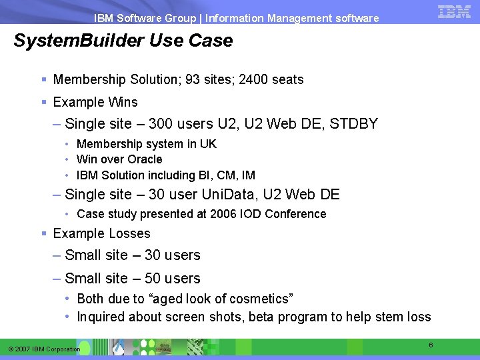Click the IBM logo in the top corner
(x=455, y=11)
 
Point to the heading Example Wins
(x=95, y=102)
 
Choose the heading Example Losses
(x=101, y=233)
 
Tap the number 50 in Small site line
(x=153, y=279)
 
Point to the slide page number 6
(x=431, y=345)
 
